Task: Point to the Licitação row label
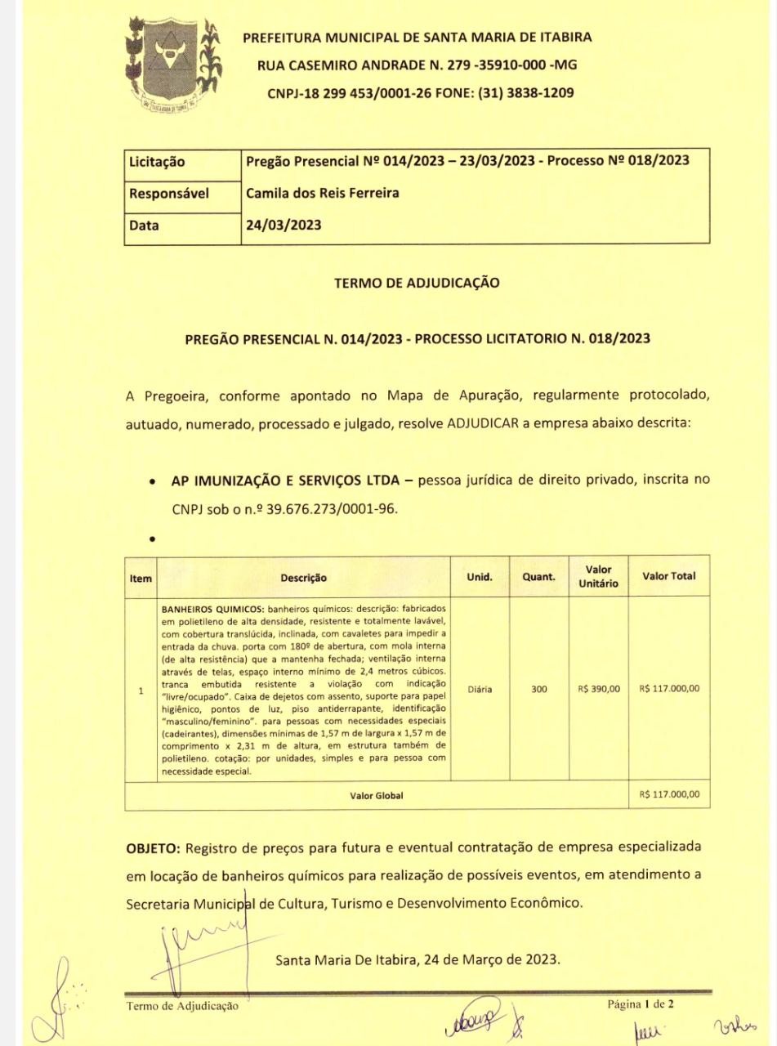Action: coord(159,163)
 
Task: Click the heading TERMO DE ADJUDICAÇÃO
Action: coord(417,284)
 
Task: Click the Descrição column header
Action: coord(303,578)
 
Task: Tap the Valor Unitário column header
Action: coord(598,577)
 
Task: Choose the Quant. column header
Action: coord(539,578)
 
